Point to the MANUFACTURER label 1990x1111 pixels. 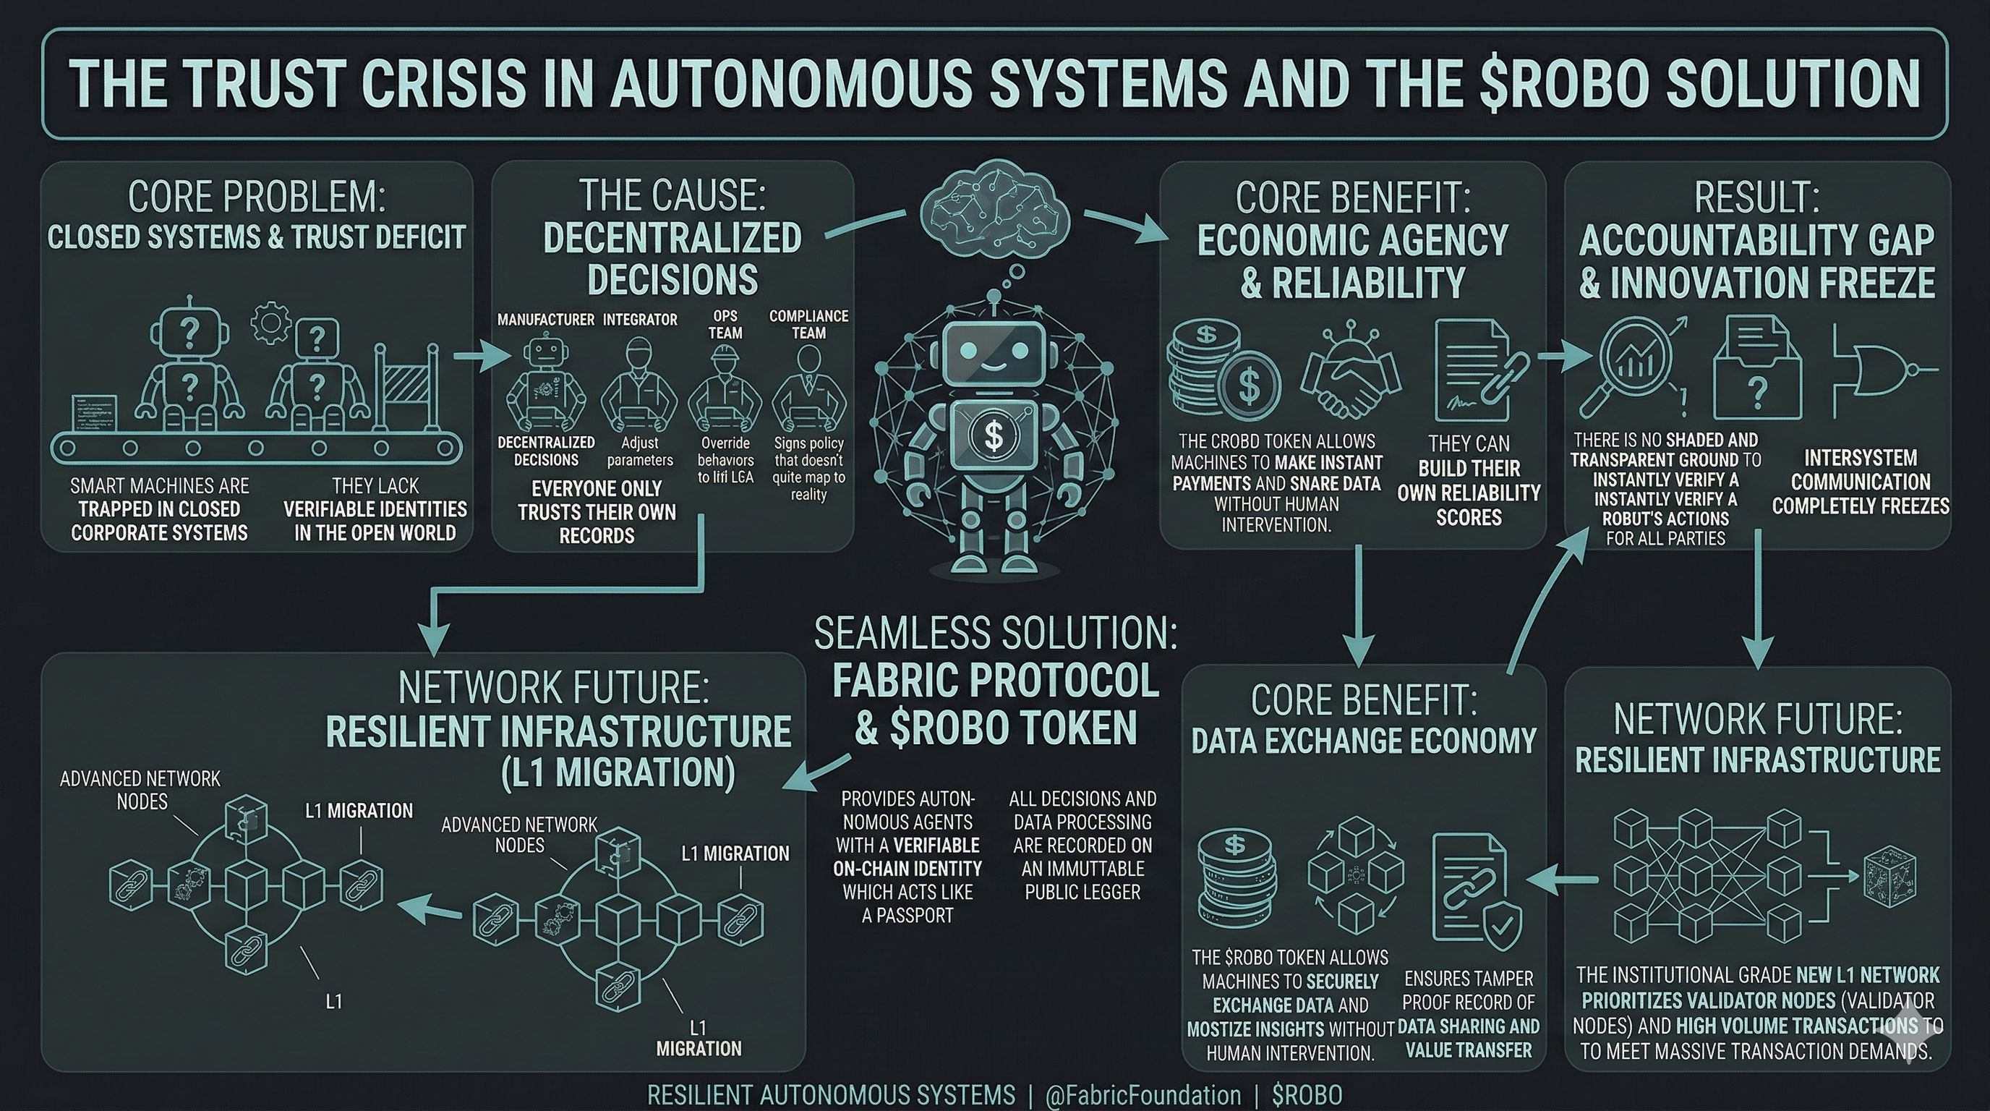[545, 320]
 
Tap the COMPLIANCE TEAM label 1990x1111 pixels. [808, 325]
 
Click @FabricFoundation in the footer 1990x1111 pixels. [1143, 1095]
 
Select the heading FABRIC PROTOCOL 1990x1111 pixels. [995, 681]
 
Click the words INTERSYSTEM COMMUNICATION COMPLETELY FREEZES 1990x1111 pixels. [1861, 482]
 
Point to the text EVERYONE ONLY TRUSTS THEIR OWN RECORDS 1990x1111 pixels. [597, 512]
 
